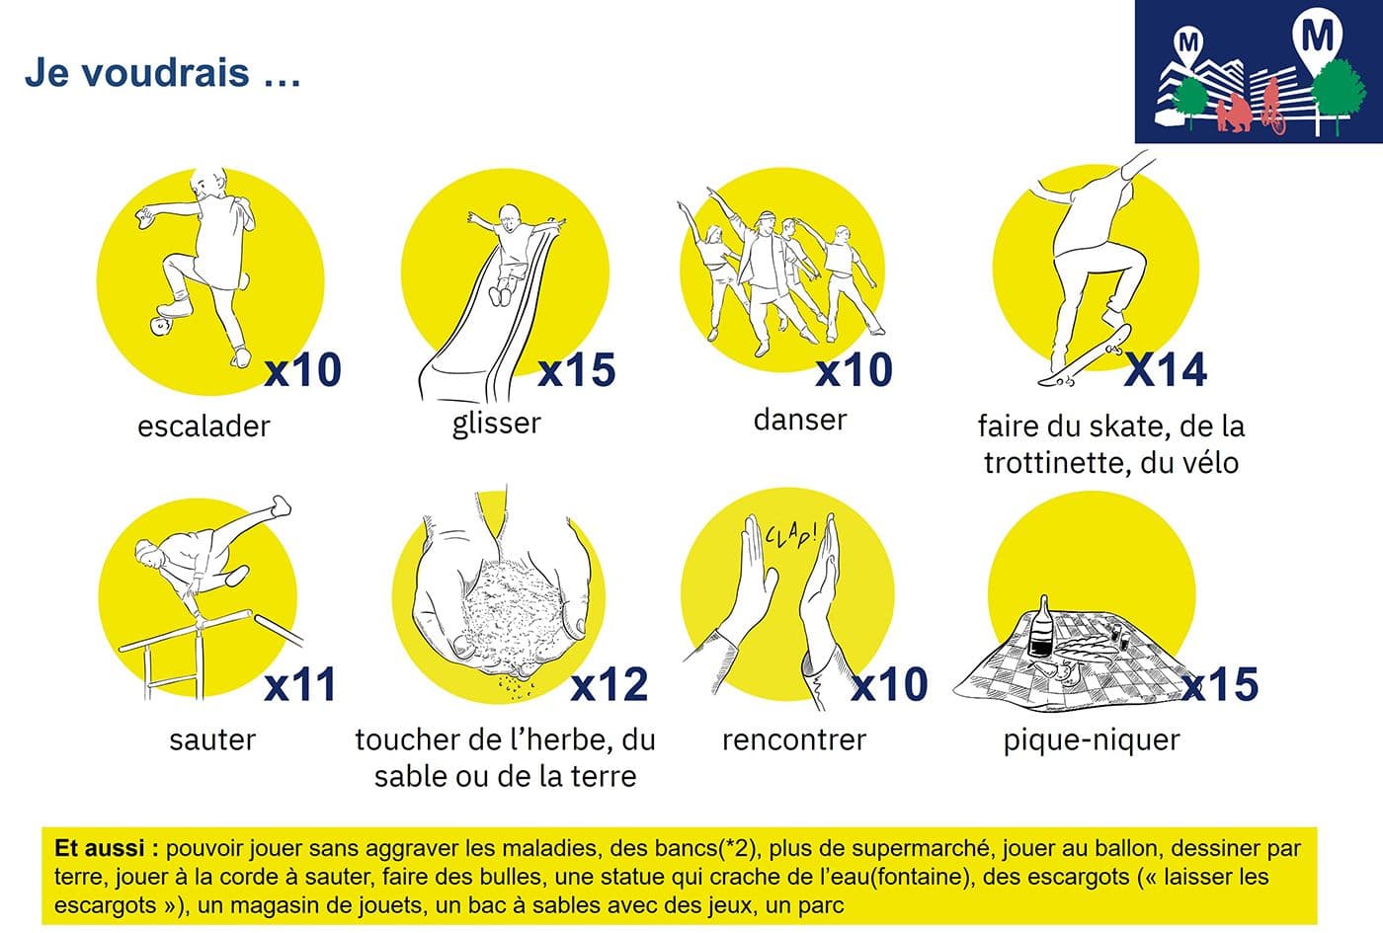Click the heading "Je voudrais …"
[162, 73]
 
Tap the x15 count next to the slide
[577, 369]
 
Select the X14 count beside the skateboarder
[1166, 369]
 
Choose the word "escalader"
[203, 427]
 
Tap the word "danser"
[800, 420]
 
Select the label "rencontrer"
[794, 739]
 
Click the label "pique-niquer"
[1092, 740]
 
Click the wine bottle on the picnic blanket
[1041, 625]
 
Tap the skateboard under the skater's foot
[1085, 355]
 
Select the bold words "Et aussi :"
[107, 848]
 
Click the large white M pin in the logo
[1317, 40]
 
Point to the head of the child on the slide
[510, 216]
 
